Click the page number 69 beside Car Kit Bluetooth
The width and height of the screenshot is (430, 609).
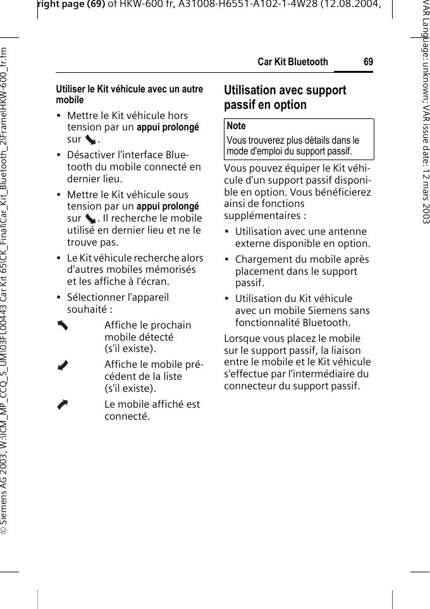(x=368, y=61)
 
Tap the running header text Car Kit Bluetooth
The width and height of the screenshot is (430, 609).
(x=293, y=61)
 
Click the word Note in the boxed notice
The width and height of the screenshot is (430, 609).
(x=236, y=126)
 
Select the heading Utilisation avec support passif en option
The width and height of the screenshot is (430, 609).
(x=285, y=97)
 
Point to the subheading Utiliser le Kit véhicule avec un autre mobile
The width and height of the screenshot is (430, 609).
(x=130, y=94)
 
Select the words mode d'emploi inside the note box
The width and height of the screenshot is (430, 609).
(x=254, y=151)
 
